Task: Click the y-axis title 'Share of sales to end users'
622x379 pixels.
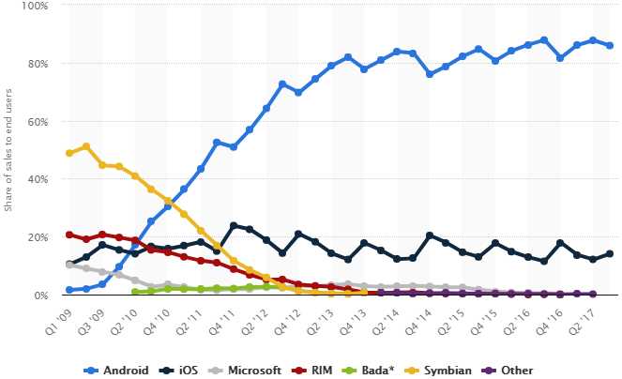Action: click(9, 150)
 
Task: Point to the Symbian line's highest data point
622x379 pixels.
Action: click(86, 146)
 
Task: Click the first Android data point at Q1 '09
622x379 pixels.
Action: click(69, 290)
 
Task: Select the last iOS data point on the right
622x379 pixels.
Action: click(610, 253)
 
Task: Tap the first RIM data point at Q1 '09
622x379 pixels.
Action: click(69, 235)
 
